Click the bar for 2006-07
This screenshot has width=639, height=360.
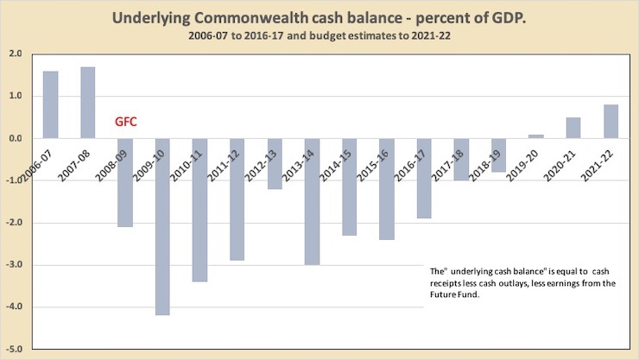pos(50,104)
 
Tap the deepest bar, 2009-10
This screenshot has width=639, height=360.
pos(162,226)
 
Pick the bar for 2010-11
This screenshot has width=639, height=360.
pos(199,210)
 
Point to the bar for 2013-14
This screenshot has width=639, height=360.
pos(312,201)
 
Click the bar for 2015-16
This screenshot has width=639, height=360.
pos(386,189)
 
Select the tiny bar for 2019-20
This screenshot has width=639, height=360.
pos(535,136)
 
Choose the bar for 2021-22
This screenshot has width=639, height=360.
pos(611,121)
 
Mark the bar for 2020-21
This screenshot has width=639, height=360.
pos(573,128)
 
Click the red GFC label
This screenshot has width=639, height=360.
pos(127,123)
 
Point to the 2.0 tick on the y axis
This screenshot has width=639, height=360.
pos(15,54)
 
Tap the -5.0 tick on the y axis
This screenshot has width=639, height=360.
pos(14,350)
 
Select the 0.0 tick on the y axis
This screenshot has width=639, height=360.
pos(15,138)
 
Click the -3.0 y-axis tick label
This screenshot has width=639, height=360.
pos(14,265)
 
